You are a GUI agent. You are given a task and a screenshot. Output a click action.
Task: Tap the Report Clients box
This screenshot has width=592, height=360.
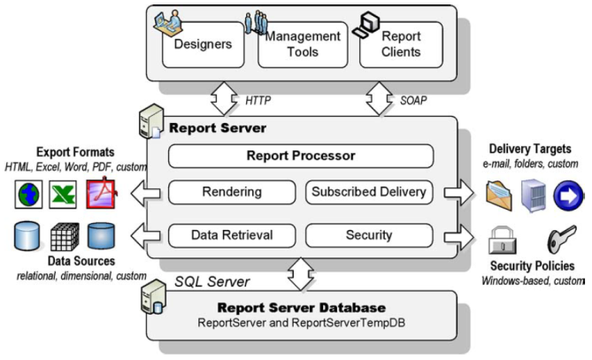[x=401, y=44]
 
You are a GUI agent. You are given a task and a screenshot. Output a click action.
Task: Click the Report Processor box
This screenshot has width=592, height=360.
[x=301, y=156]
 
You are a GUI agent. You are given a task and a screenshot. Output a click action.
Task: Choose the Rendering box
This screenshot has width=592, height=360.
[x=226, y=191]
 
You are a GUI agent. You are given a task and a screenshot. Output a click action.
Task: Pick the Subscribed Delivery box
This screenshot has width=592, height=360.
[x=369, y=191]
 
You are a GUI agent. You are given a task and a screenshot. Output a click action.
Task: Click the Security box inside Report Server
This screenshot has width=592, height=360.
[x=369, y=235]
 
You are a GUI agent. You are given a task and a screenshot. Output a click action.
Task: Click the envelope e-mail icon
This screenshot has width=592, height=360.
[x=500, y=192]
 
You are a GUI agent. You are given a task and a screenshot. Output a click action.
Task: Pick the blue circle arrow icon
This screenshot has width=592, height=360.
[x=568, y=193]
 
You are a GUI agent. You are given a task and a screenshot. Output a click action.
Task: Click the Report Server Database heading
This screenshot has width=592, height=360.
[x=301, y=308]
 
